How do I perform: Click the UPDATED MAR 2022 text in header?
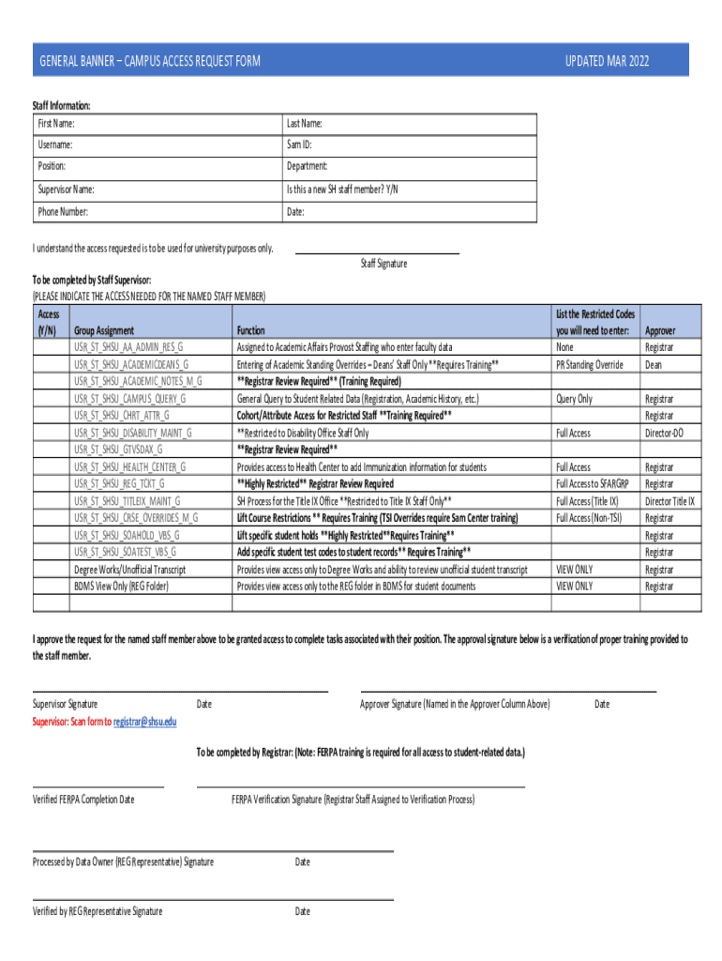[x=607, y=62]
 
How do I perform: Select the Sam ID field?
[x=410, y=145]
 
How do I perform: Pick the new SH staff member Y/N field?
[x=410, y=190]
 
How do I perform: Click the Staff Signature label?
[x=384, y=264]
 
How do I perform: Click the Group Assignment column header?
[x=104, y=330]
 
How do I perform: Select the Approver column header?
[x=660, y=331]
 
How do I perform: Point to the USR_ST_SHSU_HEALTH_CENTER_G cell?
[x=130, y=466]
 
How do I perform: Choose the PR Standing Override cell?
[x=590, y=364]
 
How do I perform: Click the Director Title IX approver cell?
[x=669, y=501]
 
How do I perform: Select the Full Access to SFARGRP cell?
[x=594, y=484]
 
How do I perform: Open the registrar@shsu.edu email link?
[x=144, y=722]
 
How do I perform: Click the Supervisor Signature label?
[x=65, y=704]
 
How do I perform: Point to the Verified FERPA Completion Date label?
[x=83, y=800]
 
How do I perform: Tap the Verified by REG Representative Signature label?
[x=98, y=911]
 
